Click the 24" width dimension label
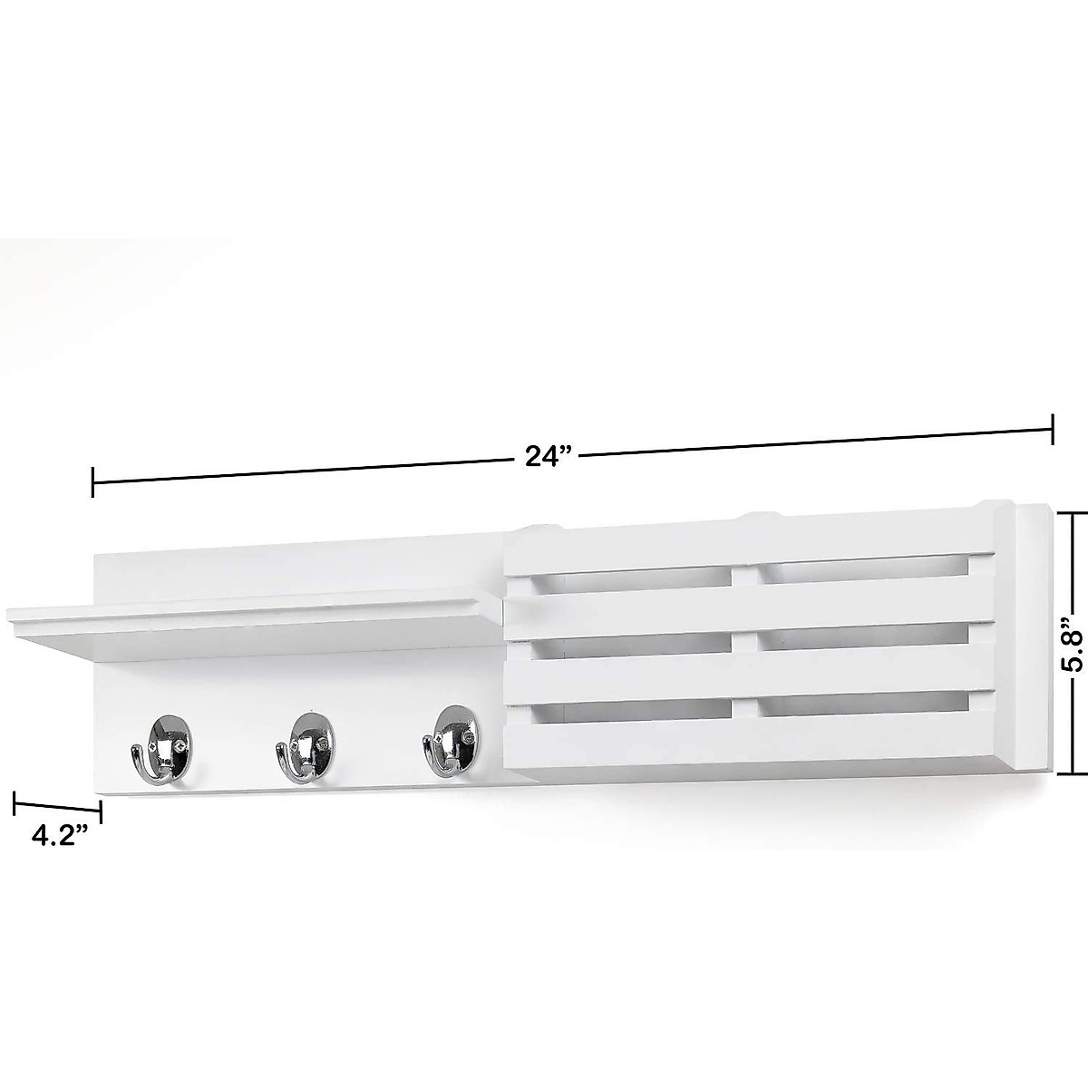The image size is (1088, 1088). coord(545,456)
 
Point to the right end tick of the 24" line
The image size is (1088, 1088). coord(1052,429)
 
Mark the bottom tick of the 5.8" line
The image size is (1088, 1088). coord(1073,773)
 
